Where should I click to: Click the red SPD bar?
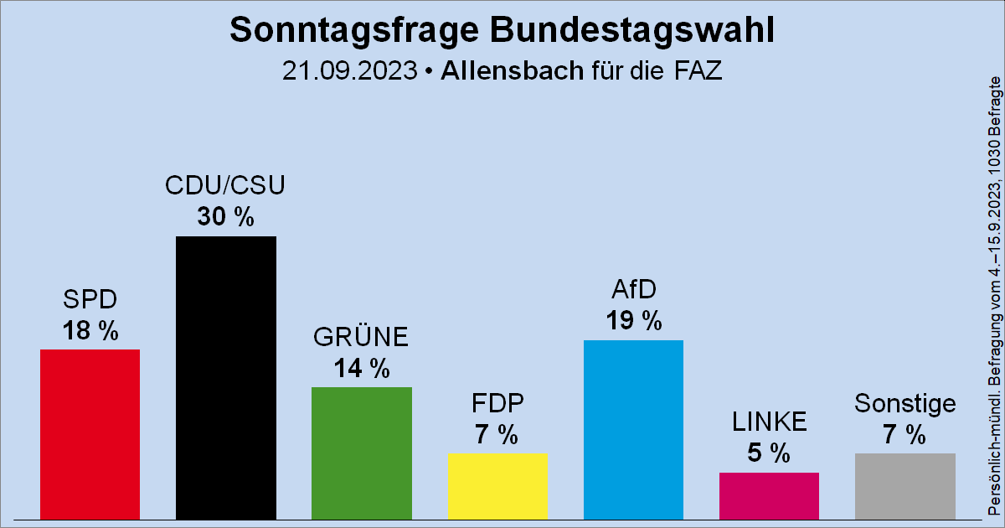[x=90, y=433]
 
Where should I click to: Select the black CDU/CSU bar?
[x=225, y=377]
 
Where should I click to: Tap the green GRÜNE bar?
[x=361, y=453]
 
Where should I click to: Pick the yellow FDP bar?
[x=497, y=486]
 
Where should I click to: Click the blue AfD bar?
[x=633, y=429]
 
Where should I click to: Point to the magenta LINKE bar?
[x=769, y=495]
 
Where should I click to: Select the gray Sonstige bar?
[x=904, y=486]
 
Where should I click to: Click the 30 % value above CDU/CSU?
[x=225, y=218]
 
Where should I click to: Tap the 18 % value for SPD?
[x=90, y=331]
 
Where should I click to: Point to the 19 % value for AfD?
[x=633, y=321]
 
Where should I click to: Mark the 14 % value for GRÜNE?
[x=361, y=369]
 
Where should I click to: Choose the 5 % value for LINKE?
[x=769, y=454]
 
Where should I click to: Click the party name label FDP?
[x=497, y=405]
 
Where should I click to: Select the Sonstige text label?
[x=904, y=404]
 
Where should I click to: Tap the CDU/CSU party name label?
[x=225, y=186]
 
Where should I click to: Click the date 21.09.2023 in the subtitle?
[x=349, y=71]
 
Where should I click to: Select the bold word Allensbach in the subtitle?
[x=510, y=71]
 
